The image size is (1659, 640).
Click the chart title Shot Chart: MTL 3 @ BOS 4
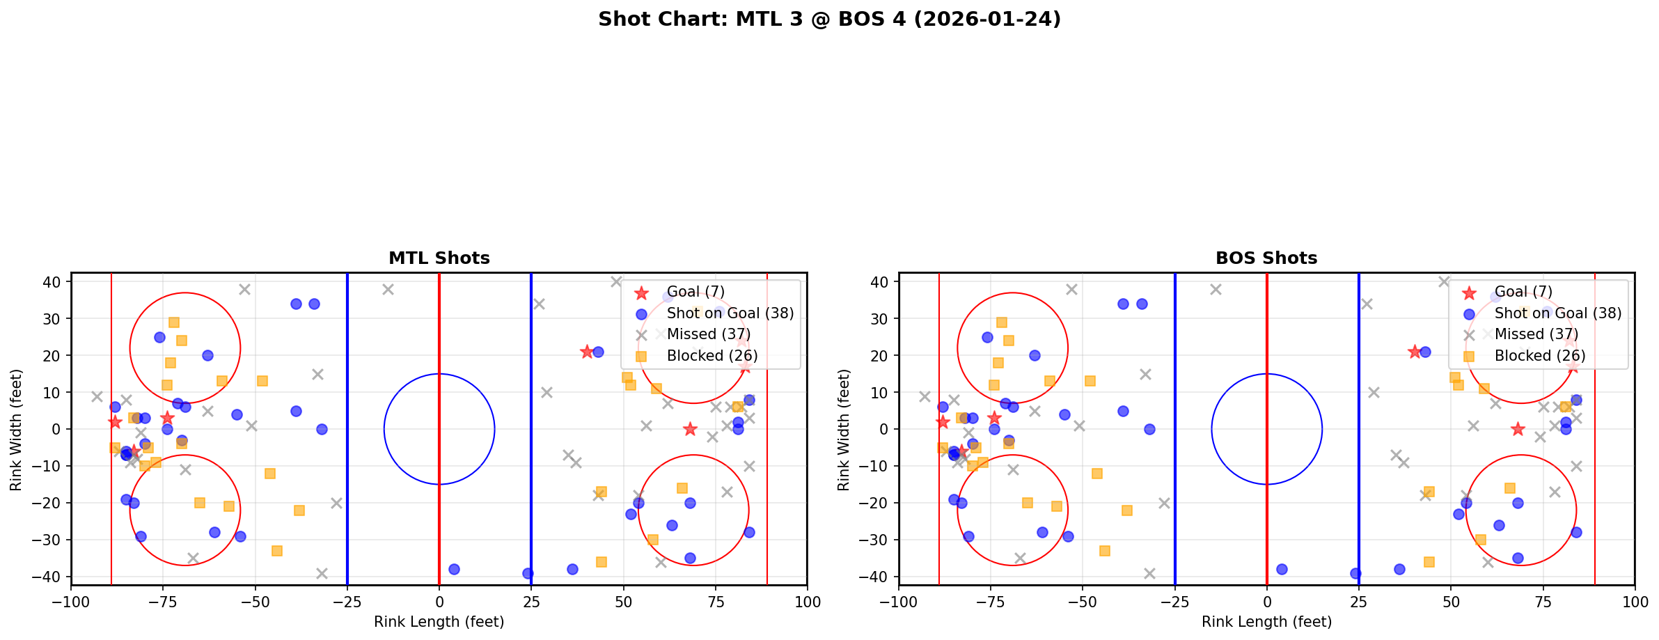pyautogui.click(x=829, y=19)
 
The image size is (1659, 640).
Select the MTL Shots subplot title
pyautogui.click(x=439, y=258)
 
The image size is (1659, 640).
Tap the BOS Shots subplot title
pyautogui.click(x=1266, y=258)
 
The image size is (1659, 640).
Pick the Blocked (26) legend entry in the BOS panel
pyautogui.click(x=1540, y=356)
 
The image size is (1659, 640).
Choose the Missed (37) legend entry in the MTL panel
pyautogui.click(x=708, y=334)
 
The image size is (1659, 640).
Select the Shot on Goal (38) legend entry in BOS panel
pyautogui.click(x=1558, y=313)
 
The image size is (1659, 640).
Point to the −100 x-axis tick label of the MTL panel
pyautogui.click(x=71, y=602)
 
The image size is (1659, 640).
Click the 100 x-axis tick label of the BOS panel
pyautogui.click(x=1635, y=602)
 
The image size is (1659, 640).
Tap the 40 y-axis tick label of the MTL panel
pyautogui.click(x=54, y=282)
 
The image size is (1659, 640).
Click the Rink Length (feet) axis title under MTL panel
pyautogui.click(x=439, y=622)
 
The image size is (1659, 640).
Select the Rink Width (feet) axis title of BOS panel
pyautogui.click(x=844, y=430)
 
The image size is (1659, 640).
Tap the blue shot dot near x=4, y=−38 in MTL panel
pyautogui.click(x=454, y=569)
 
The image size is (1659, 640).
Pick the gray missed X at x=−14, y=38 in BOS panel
pyautogui.click(x=1216, y=289)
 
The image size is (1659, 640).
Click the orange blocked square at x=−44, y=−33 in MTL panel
pyautogui.click(x=277, y=551)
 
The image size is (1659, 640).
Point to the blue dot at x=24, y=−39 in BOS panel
pyautogui.click(x=1355, y=573)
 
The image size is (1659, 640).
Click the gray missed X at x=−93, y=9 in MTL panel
pyautogui.click(x=97, y=396)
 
